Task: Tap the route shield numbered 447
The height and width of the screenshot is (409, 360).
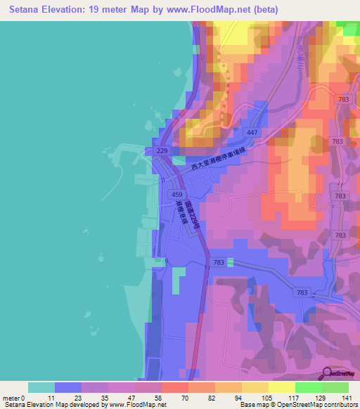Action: point(252,132)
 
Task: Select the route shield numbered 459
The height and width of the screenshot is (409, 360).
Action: point(178,194)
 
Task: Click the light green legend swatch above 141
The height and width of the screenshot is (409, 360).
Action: point(335,387)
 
